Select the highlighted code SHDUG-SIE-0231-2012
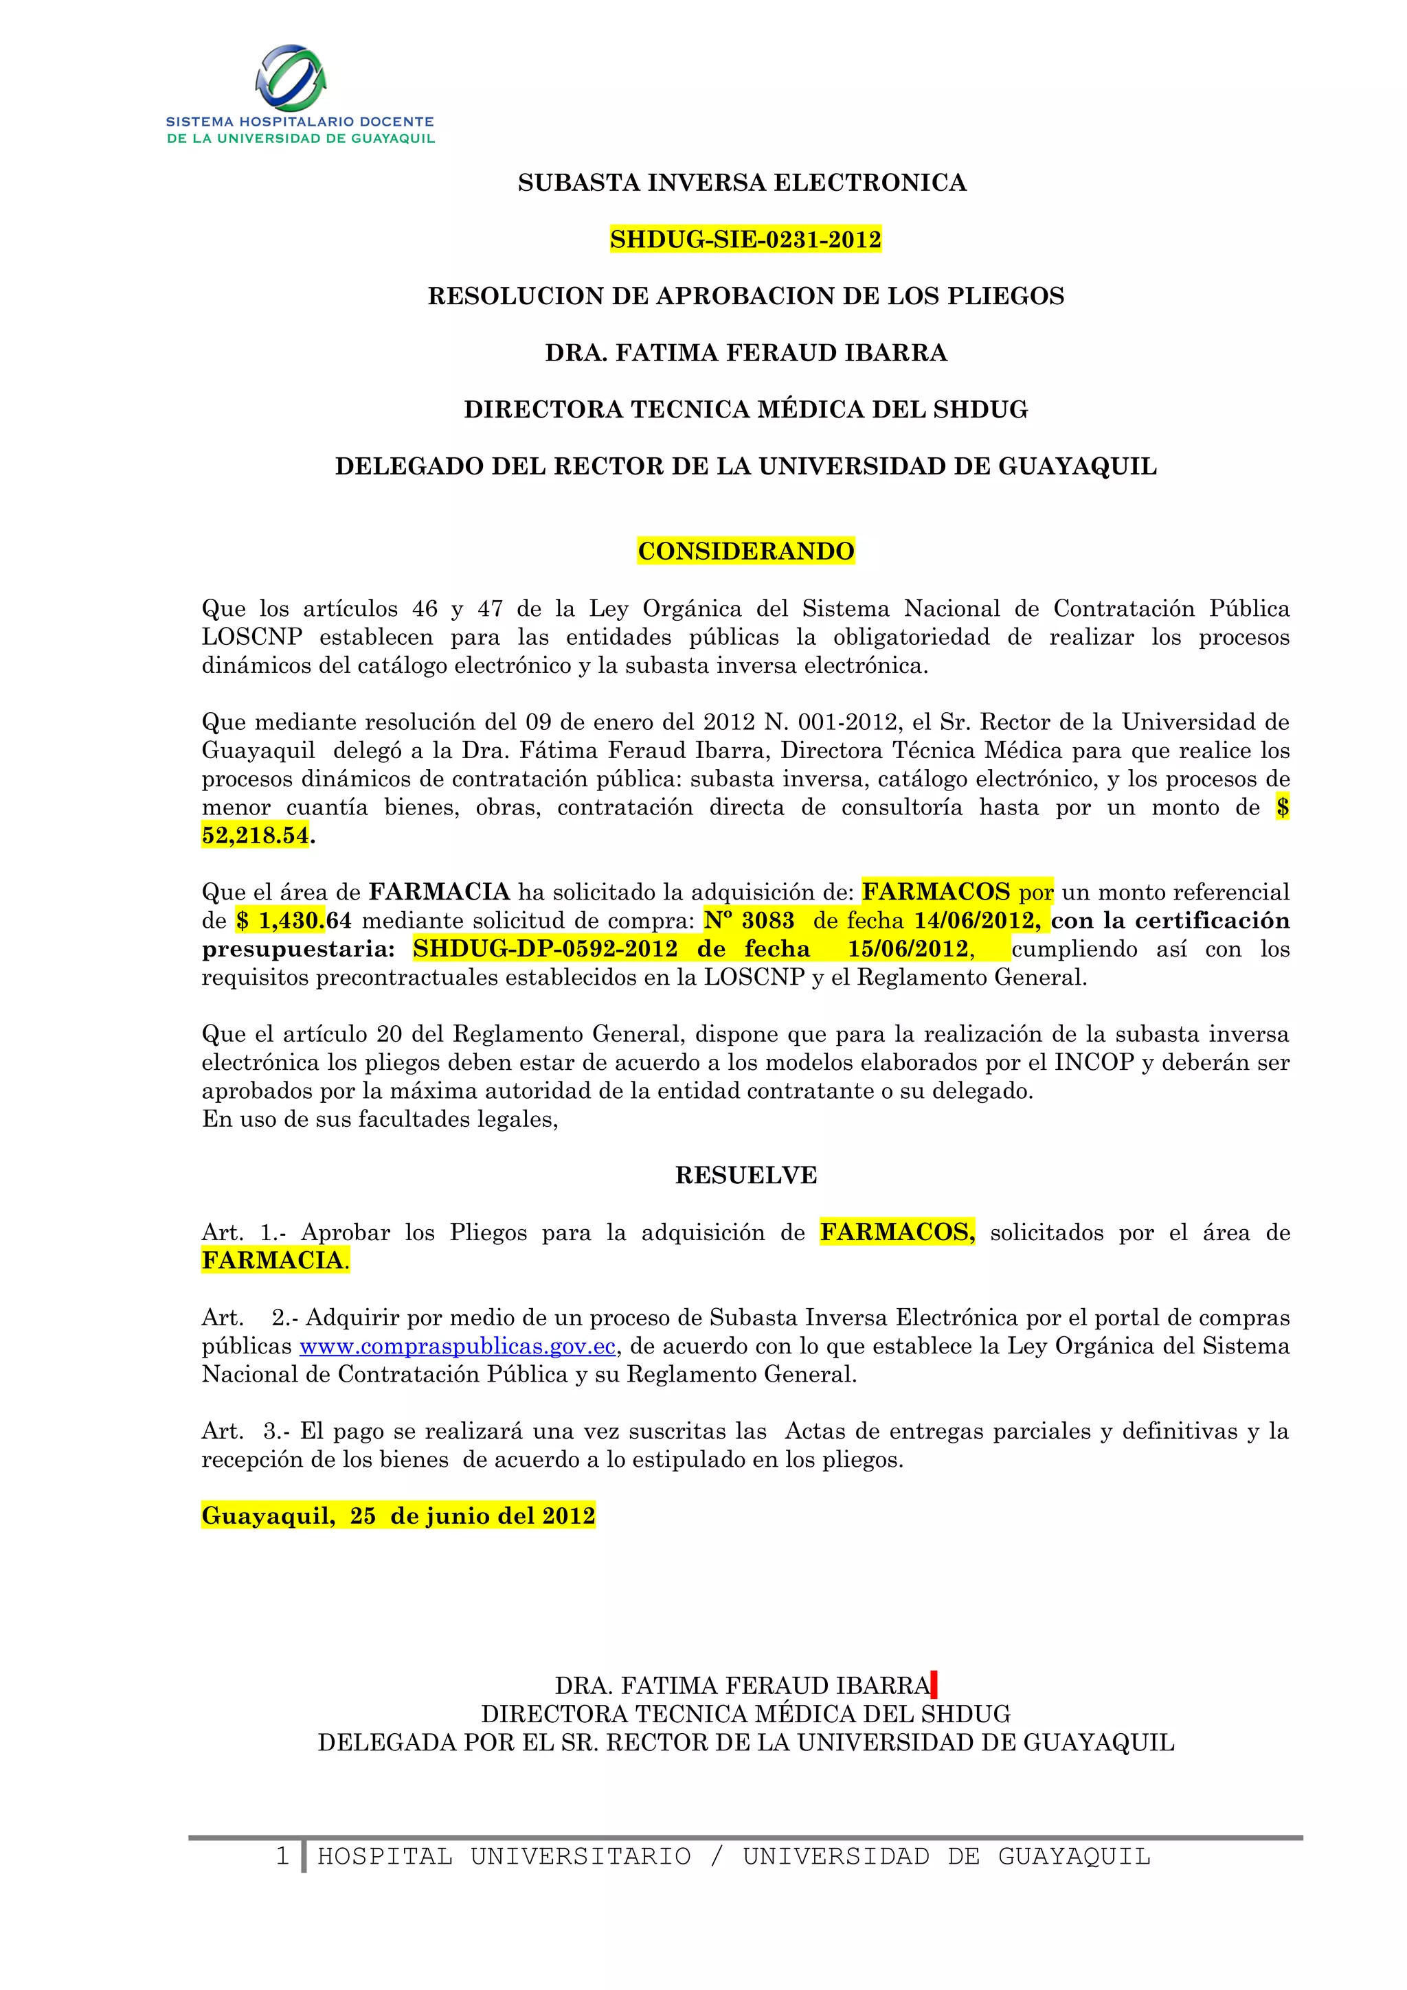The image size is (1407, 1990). [745, 239]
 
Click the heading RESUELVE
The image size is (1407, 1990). [745, 1176]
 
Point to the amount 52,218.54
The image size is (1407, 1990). [255, 836]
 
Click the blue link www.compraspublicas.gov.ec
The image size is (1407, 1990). [458, 1346]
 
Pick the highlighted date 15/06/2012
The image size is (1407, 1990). [907, 949]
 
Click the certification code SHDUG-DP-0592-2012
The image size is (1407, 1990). [545, 949]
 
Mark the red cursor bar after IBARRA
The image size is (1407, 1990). [933, 1686]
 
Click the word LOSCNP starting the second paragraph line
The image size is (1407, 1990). [252, 637]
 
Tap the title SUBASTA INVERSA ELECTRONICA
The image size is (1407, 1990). [742, 183]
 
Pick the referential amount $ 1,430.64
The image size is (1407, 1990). [294, 920]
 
